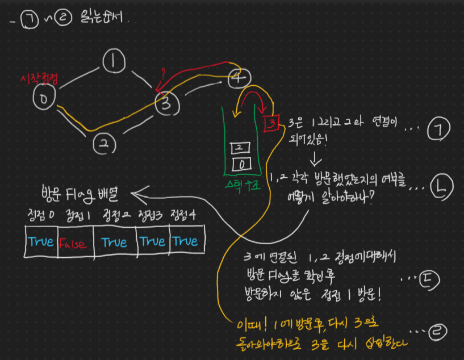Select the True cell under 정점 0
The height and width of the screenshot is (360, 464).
tap(40, 242)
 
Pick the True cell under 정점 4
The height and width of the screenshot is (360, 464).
tap(186, 241)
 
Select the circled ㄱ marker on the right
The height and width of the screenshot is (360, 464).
tap(438, 129)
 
